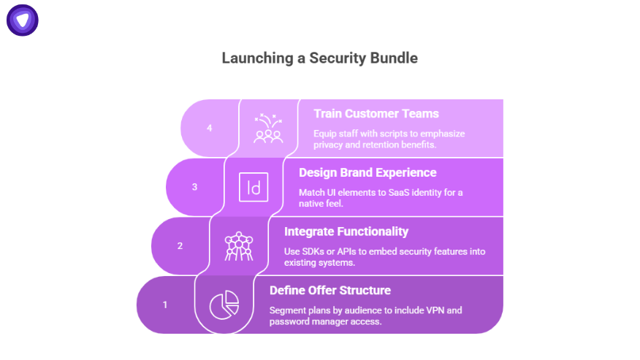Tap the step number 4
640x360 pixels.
pyautogui.click(x=210, y=128)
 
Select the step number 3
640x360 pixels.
pyautogui.click(x=194, y=187)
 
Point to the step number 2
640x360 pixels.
pyautogui.click(x=180, y=245)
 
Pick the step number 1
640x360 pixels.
pyautogui.click(x=165, y=305)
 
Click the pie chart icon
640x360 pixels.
pyautogui.click(x=224, y=305)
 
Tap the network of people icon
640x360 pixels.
pyautogui.click(x=239, y=246)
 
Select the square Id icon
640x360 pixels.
pyautogui.click(x=254, y=187)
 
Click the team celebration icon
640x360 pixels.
pyautogui.click(x=268, y=128)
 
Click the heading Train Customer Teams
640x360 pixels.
pyautogui.click(x=376, y=114)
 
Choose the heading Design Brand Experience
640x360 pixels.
pyautogui.click(x=367, y=173)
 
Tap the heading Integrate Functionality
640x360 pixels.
pyautogui.click(x=346, y=231)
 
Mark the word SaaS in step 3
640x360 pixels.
pyautogui.click(x=395, y=193)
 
